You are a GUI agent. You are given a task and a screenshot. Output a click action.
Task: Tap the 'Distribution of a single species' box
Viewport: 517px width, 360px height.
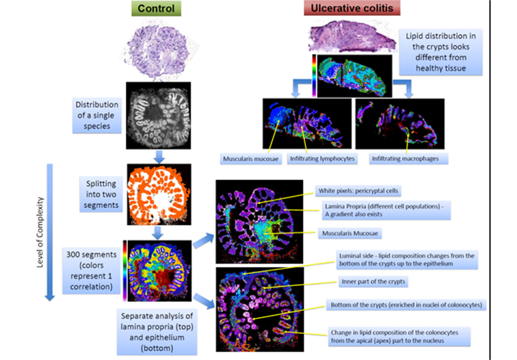97,114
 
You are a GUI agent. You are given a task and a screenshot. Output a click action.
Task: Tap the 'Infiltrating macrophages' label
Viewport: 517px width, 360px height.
404,159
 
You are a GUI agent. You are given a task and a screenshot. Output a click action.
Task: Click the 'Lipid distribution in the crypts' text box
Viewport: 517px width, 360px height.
442,51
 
